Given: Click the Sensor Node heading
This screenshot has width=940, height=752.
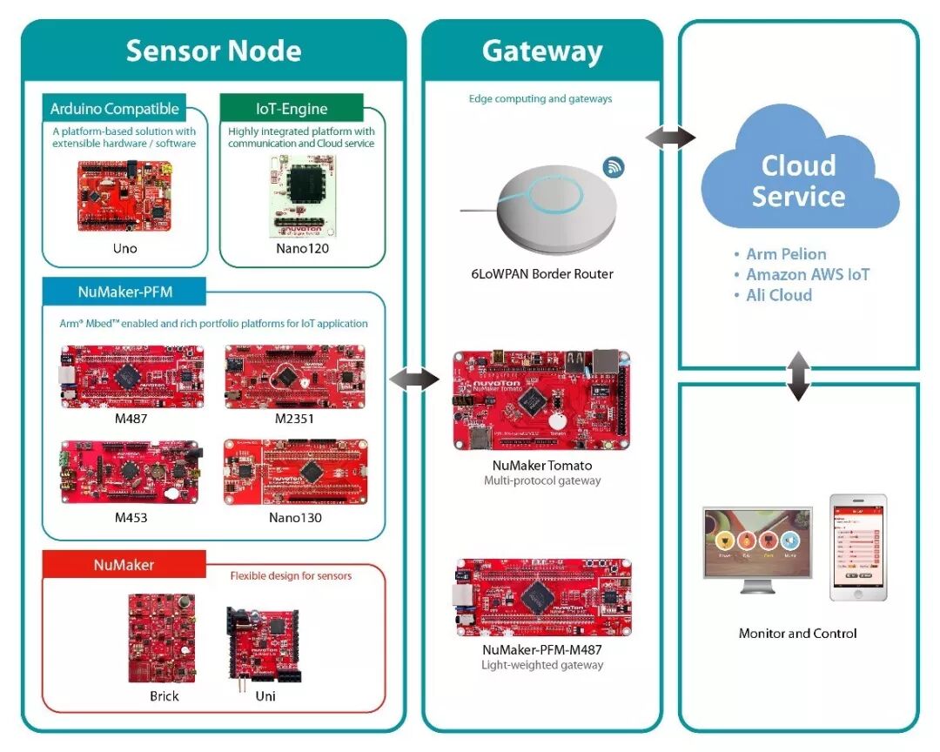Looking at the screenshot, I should click(213, 50).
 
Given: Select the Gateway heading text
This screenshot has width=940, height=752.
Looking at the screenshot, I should click(541, 50).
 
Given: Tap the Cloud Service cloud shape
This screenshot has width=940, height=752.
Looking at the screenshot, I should click(798, 178).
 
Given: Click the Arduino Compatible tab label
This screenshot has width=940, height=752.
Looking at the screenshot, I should click(114, 109).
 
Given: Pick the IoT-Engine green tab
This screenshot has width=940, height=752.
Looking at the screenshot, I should click(292, 109).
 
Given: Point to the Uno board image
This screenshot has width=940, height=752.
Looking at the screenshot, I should click(124, 196).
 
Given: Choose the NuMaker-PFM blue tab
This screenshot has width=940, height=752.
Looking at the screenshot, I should click(124, 292).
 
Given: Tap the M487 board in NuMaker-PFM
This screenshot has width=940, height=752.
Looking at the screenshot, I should click(132, 376).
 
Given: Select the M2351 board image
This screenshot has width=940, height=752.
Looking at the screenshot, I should click(295, 376).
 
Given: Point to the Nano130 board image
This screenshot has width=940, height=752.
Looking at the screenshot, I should click(296, 471).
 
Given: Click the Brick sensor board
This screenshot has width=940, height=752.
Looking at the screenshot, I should click(162, 638).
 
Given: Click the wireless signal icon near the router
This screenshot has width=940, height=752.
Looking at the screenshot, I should click(614, 167).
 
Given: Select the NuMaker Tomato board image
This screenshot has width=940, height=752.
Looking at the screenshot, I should click(541, 399).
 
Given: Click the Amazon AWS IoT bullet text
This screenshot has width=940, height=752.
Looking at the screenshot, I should click(808, 274).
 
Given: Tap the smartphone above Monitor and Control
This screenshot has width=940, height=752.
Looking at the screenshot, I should click(857, 547).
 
